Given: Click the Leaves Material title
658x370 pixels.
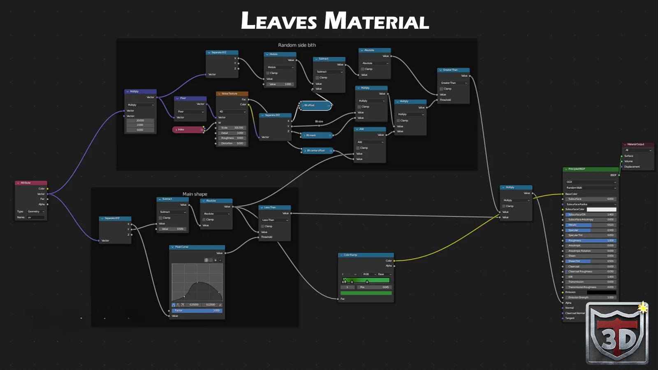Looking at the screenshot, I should (335, 21).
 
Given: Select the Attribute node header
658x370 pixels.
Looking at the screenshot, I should (31, 183).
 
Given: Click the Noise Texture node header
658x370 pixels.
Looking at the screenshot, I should (232, 94).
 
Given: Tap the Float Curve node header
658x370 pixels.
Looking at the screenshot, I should (197, 247).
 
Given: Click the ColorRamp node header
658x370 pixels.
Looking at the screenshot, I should (366, 255).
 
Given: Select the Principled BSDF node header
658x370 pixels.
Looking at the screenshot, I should (590, 169).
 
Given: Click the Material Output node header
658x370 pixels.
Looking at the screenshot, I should (637, 144).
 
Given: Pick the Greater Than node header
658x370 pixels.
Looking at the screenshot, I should (453, 70).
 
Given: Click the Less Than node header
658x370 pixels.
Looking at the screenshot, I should (274, 208).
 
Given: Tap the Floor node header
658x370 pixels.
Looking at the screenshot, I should (190, 98).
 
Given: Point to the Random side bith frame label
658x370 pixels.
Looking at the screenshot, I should (297, 45).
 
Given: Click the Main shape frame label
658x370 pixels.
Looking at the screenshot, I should (195, 194).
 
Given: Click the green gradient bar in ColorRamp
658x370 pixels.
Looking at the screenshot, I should (366, 280).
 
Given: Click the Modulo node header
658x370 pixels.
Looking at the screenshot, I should (280, 54).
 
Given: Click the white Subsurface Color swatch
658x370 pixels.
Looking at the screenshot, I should (601, 210).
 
